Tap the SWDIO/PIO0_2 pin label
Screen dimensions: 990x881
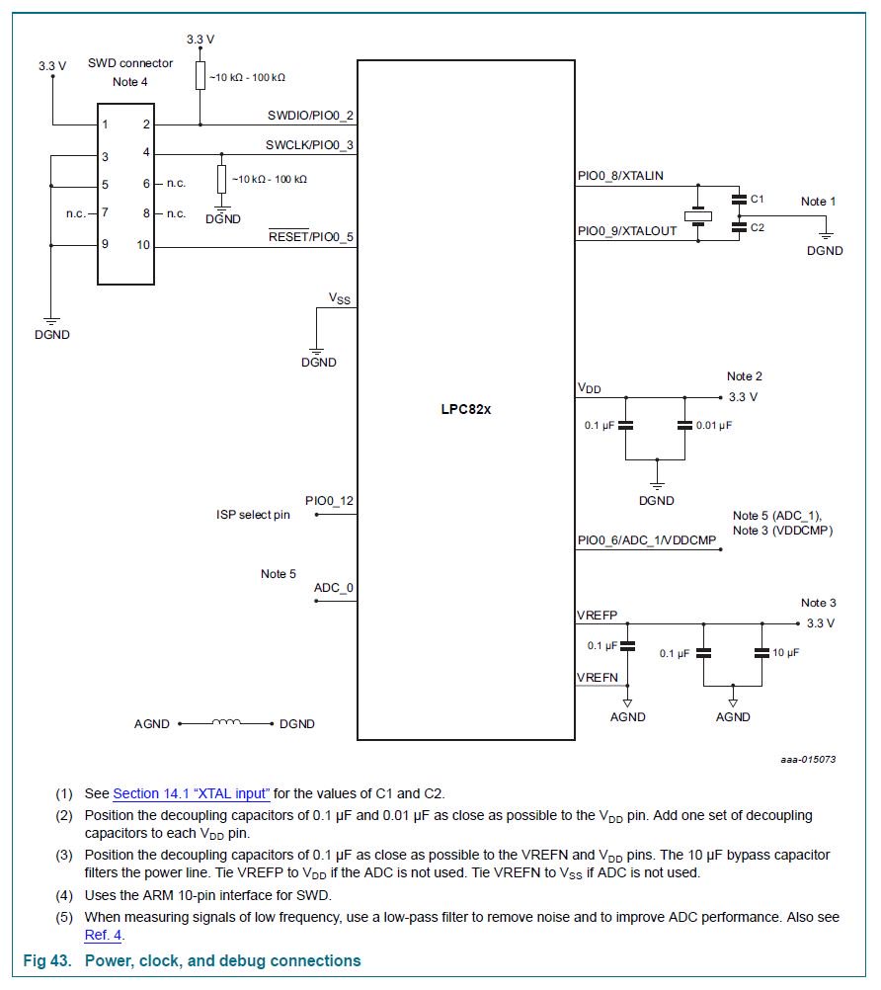click(x=310, y=116)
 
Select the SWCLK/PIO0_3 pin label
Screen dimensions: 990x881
click(x=309, y=145)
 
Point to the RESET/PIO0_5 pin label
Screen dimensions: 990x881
click(x=311, y=237)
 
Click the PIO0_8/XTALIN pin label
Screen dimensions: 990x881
click(x=620, y=176)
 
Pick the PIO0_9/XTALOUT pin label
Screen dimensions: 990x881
click(x=627, y=231)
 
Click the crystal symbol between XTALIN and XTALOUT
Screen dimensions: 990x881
click(x=698, y=217)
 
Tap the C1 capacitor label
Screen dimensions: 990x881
click(x=758, y=199)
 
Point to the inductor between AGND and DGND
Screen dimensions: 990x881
click(x=226, y=722)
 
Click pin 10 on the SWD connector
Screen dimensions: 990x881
click(x=143, y=245)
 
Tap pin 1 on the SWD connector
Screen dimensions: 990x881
click(x=105, y=124)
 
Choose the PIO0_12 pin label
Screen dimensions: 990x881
click(x=329, y=501)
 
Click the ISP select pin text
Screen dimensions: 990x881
click(x=253, y=515)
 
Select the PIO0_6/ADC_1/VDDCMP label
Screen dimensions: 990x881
click(x=646, y=540)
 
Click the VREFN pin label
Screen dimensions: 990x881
click(x=597, y=677)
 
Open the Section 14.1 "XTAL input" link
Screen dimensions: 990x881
click(x=192, y=793)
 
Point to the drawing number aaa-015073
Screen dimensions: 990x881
click(x=807, y=760)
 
